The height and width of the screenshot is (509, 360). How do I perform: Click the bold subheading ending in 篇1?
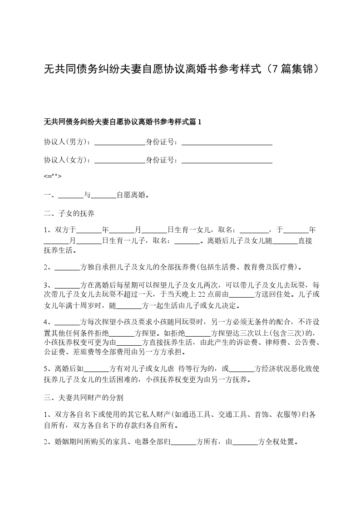(122, 122)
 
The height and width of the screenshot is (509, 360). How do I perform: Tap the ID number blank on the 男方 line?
(227, 142)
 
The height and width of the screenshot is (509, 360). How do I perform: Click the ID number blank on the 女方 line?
(227, 160)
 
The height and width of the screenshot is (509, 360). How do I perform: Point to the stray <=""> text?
(52, 177)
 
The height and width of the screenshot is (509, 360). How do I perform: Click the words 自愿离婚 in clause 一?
(132, 196)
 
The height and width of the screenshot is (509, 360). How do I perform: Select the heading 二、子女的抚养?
(69, 213)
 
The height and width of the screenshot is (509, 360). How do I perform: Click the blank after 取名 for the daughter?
(254, 230)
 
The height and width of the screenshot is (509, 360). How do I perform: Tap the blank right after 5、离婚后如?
(97, 369)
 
